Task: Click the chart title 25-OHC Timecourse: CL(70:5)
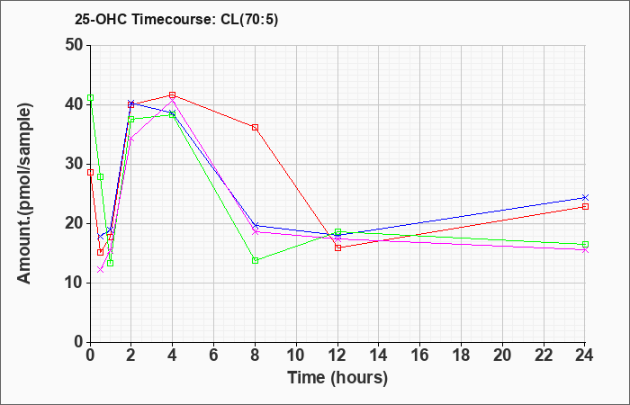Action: (x=176, y=20)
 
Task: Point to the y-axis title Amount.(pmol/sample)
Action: (x=24, y=193)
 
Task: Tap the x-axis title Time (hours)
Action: (x=337, y=378)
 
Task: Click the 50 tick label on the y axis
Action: (x=75, y=45)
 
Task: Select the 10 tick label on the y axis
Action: (x=75, y=283)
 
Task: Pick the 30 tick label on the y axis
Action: (x=75, y=164)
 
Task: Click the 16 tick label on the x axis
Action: (x=420, y=355)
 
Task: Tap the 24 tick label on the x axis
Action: (x=585, y=355)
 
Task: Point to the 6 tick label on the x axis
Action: (x=214, y=355)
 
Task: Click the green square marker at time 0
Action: (x=91, y=97)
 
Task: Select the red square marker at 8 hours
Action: (x=255, y=128)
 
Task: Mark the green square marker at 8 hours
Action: (x=255, y=260)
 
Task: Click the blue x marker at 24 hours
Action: (x=585, y=197)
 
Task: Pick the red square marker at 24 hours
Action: (x=585, y=206)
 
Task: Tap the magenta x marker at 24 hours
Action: (x=585, y=250)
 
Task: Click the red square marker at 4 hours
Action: (x=173, y=95)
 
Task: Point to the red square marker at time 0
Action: (x=91, y=173)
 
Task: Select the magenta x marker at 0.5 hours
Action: (x=101, y=270)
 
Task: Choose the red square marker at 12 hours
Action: (x=337, y=247)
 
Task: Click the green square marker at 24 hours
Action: (x=585, y=244)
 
